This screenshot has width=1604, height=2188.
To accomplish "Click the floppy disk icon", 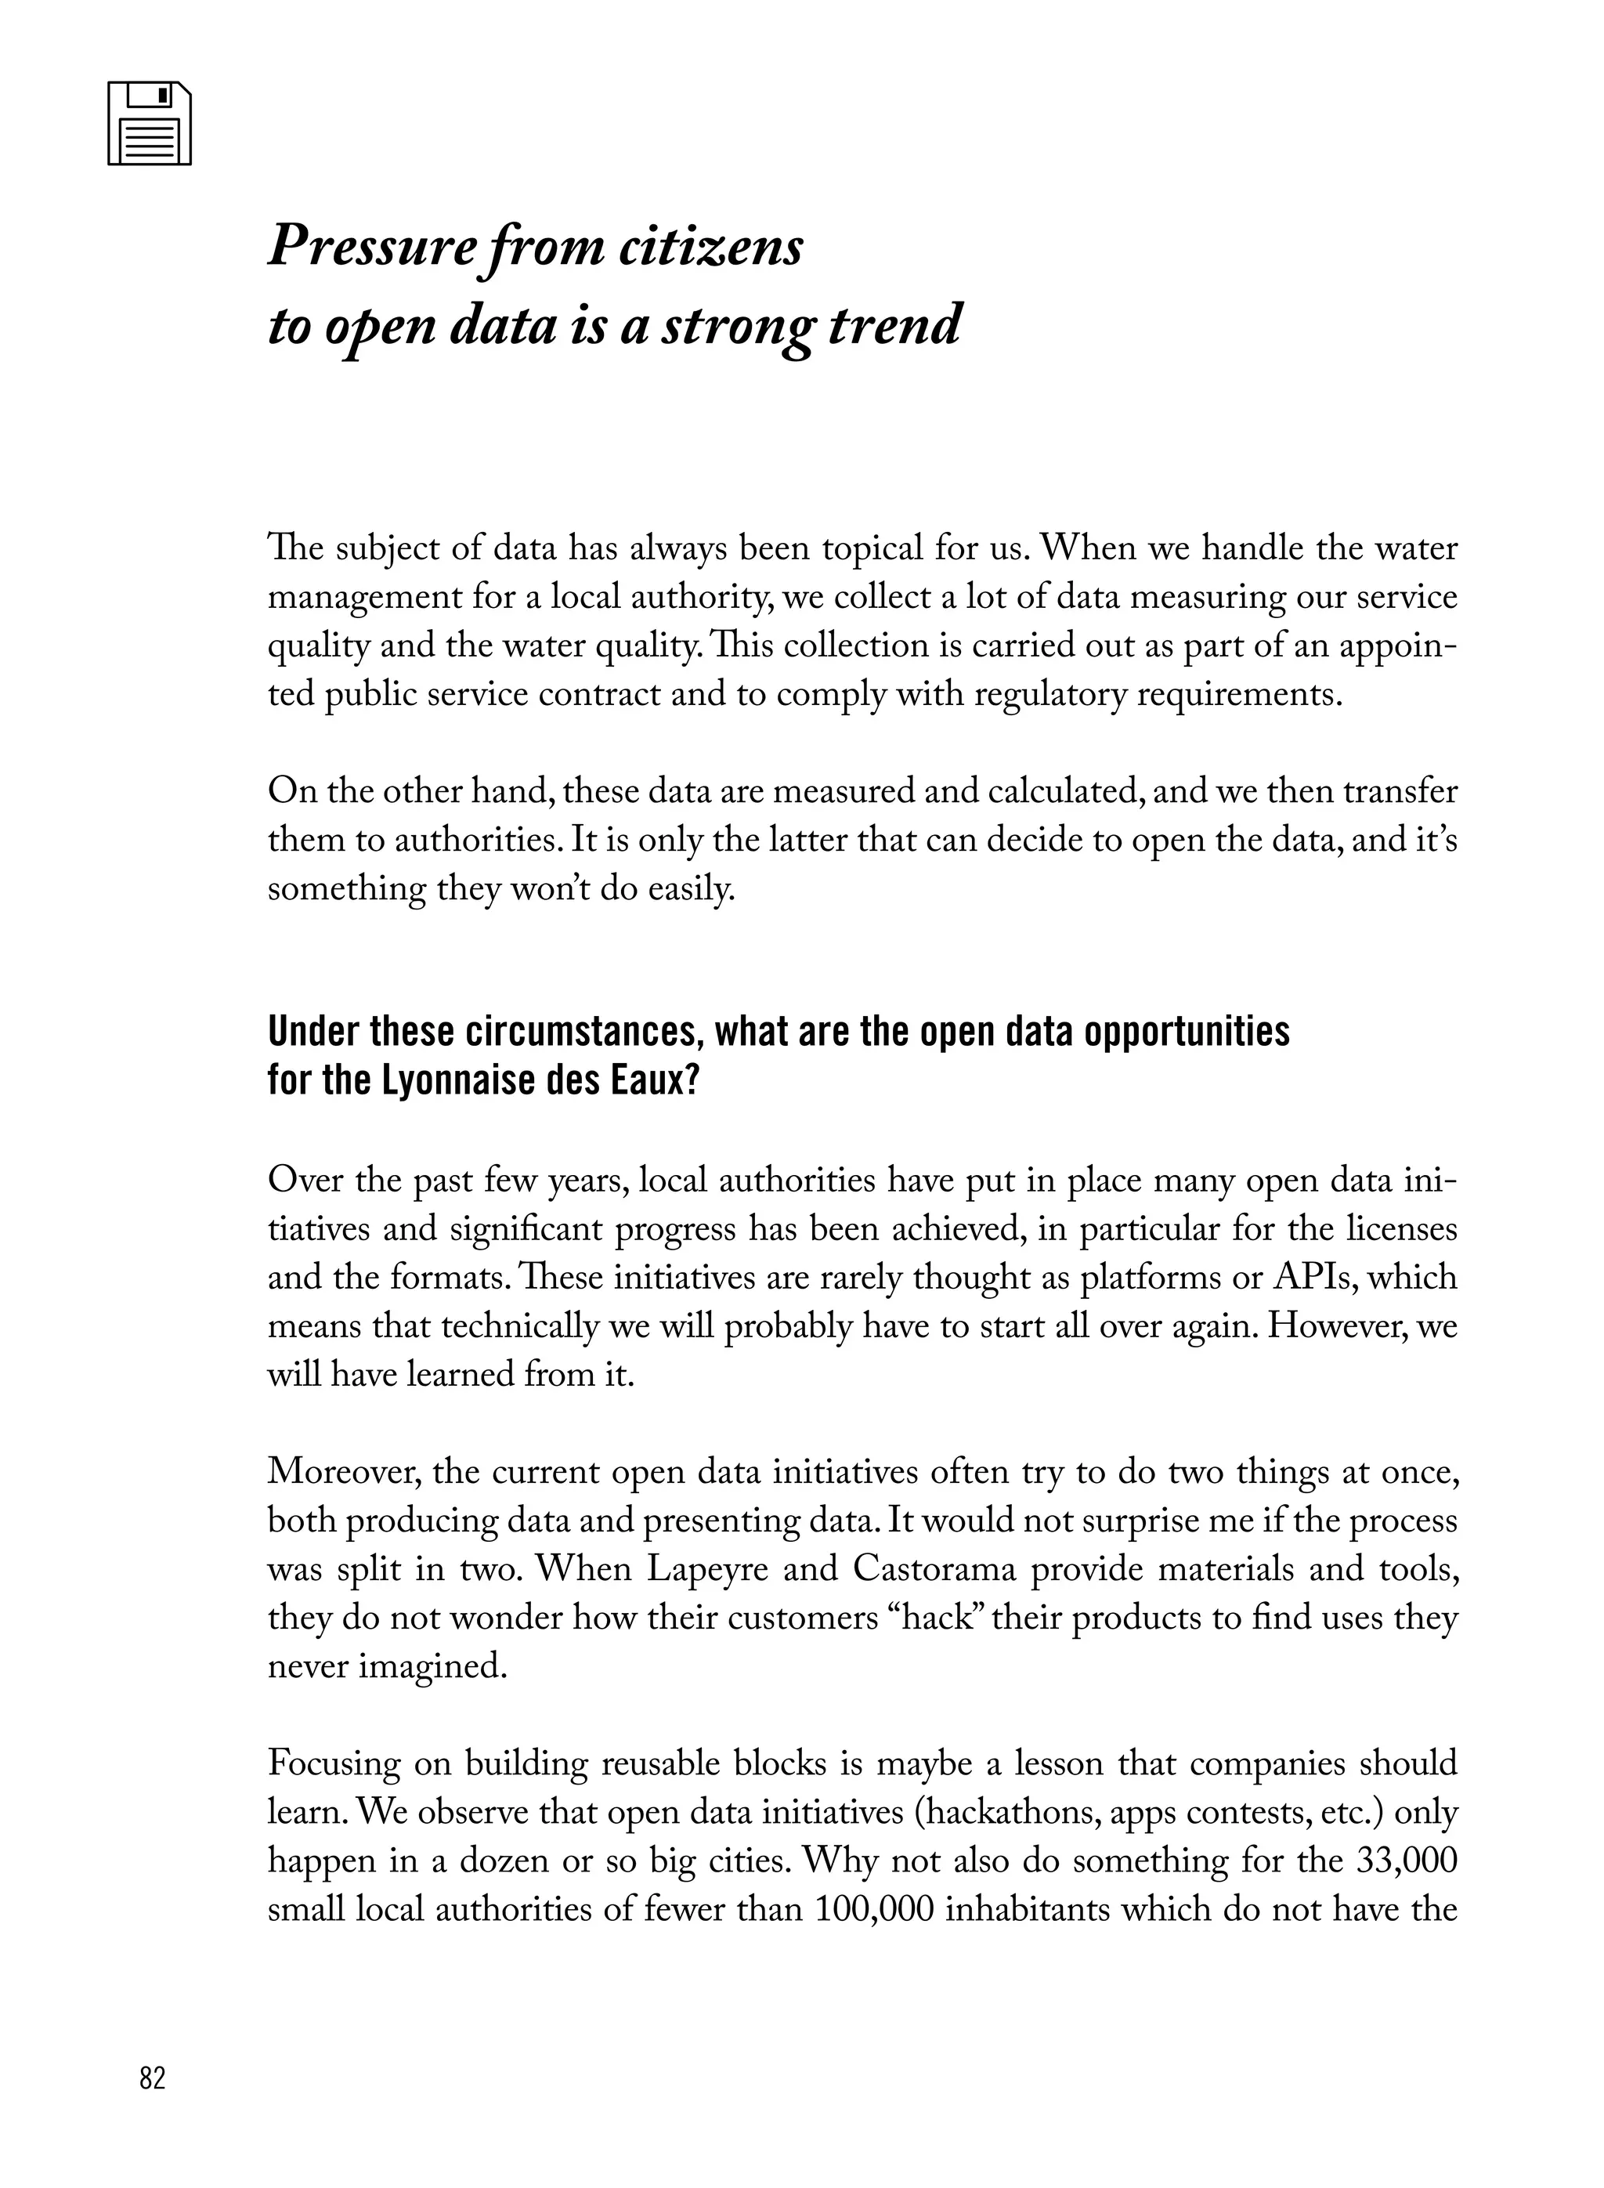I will click(x=149, y=123).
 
